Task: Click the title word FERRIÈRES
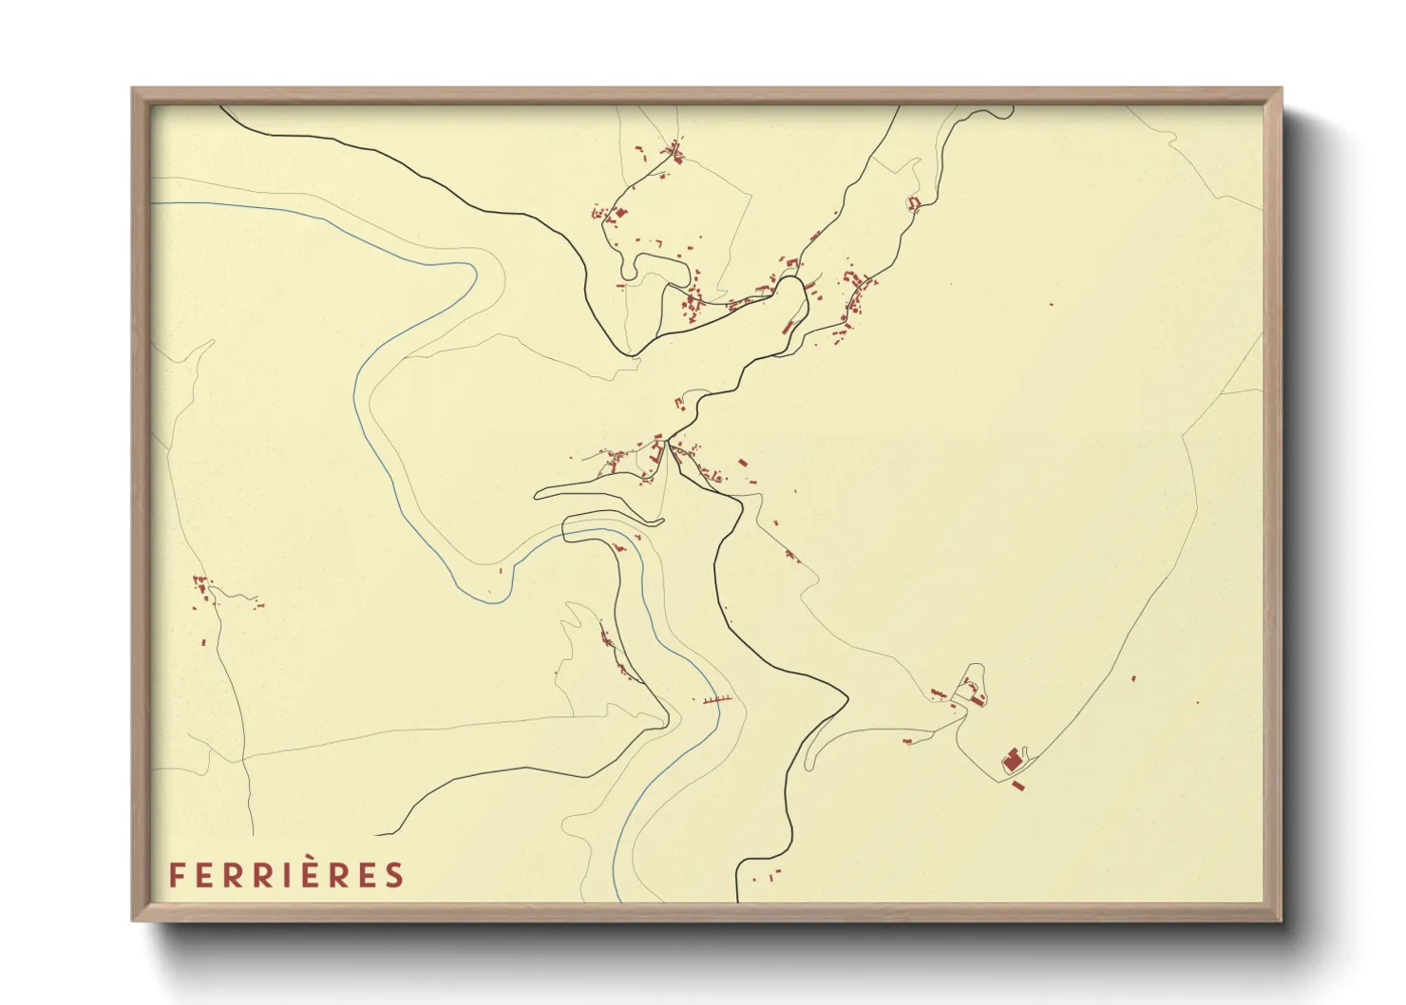286,875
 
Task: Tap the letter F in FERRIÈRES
176,875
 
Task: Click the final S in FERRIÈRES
395,875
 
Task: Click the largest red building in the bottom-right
1012,760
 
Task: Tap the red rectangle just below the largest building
1018,785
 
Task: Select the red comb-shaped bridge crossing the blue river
717,699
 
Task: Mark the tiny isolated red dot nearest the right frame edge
1197,703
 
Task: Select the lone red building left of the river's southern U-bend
501,571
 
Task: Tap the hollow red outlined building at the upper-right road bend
914,203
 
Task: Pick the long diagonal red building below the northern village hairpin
788,326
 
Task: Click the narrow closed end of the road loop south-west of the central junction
538,494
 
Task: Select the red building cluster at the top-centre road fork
675,151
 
